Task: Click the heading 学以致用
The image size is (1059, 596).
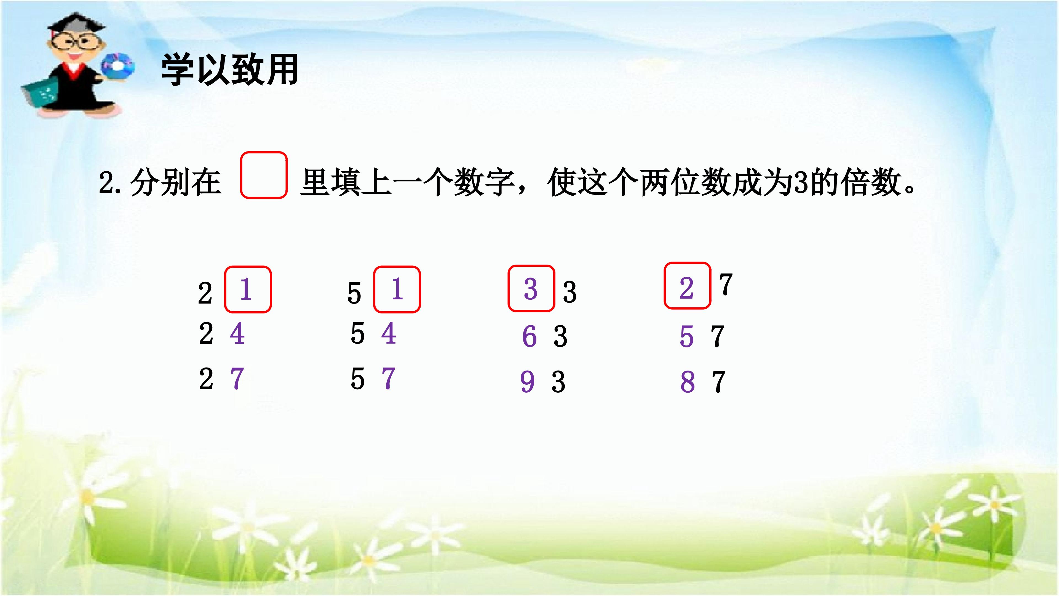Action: (x=229, y=70)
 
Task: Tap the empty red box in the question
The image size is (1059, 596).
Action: (x=264, y=175)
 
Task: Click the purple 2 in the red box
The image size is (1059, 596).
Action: (x=686, y=288)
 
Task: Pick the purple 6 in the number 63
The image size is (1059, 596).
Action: (x=529, y=336)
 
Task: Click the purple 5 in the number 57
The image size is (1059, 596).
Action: (x=686, y=336)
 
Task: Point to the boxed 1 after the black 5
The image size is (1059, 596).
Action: (x=397, y=289)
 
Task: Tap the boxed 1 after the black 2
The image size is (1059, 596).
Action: (x=246, y=289)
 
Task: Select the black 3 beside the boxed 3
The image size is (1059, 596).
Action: (x=569, y=292)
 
